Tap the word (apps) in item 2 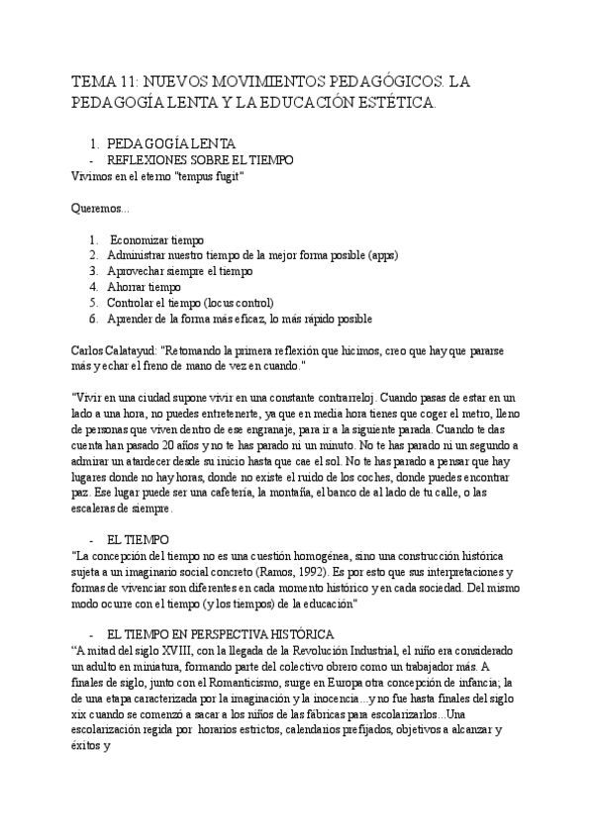(378, 255)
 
